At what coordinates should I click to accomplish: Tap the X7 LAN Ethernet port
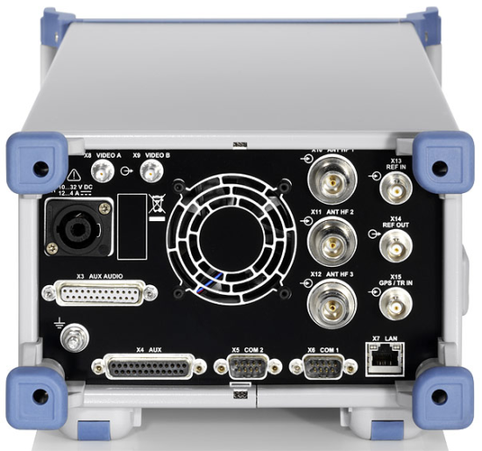(x=385, y=360)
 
